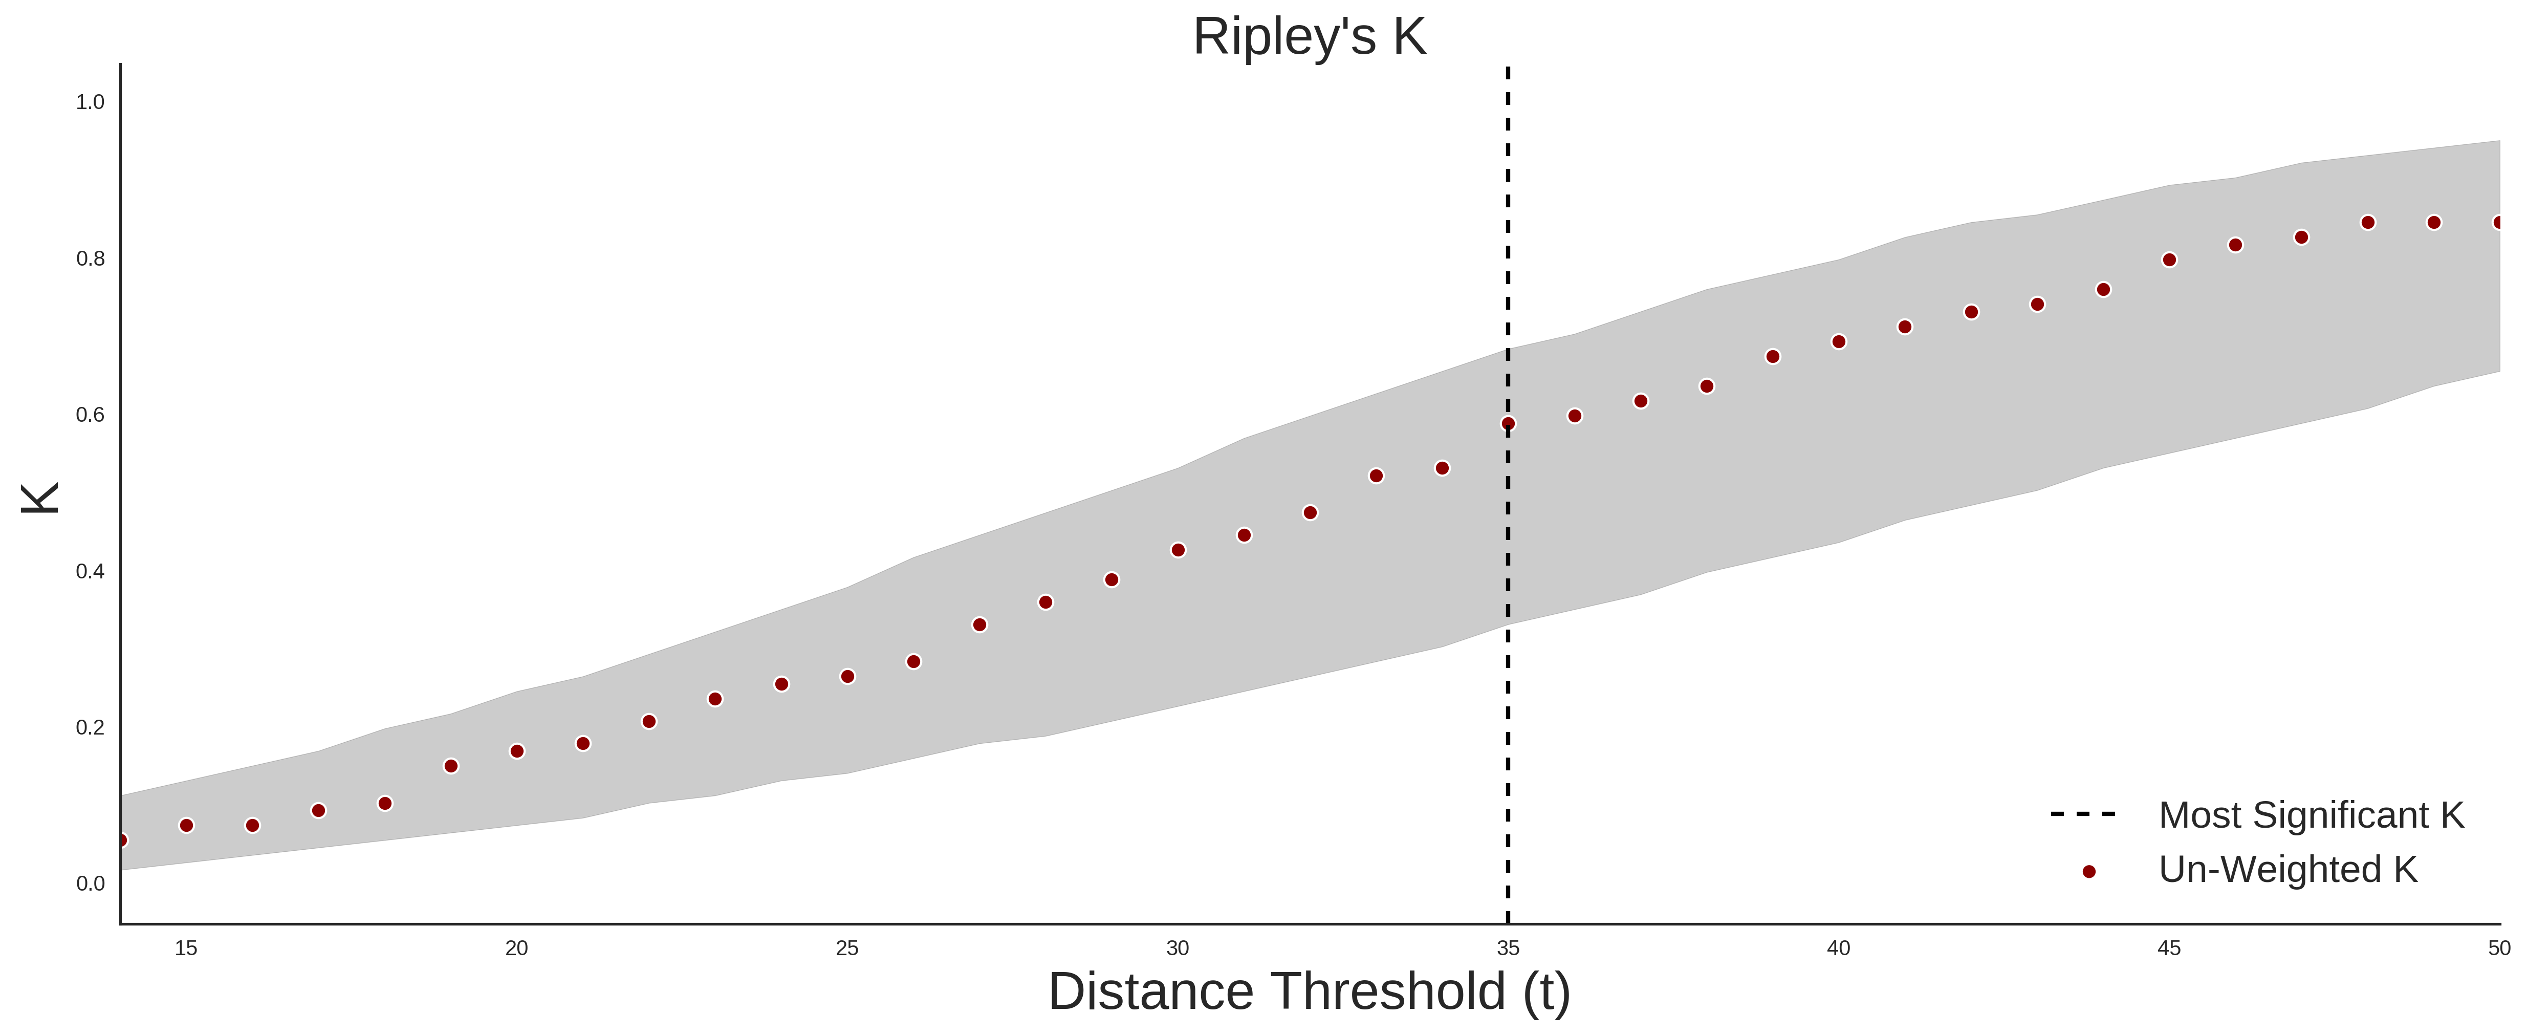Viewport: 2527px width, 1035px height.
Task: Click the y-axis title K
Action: click(x=39, y=499)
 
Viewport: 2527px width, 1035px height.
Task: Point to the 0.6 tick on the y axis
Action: click(x=90, y=415)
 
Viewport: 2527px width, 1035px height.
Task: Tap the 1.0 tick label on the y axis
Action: click(x=90, y=102)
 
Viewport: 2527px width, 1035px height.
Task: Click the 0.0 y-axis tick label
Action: click(x=90, y=884)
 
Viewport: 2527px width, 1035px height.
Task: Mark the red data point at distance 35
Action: click(x=1508, y=424)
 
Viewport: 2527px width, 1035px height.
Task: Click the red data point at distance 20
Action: click(x=517, y=751)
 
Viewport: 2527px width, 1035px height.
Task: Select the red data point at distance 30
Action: click(x=1178, y=550)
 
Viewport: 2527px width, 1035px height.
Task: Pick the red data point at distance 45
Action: click(x=2169, y=260)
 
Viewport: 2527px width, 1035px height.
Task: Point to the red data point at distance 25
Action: click(x=847, y=677)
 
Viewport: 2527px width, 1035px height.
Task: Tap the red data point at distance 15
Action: click(x=186, y=826)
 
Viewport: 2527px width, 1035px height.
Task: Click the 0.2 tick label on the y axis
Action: click(x=90, y=728)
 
